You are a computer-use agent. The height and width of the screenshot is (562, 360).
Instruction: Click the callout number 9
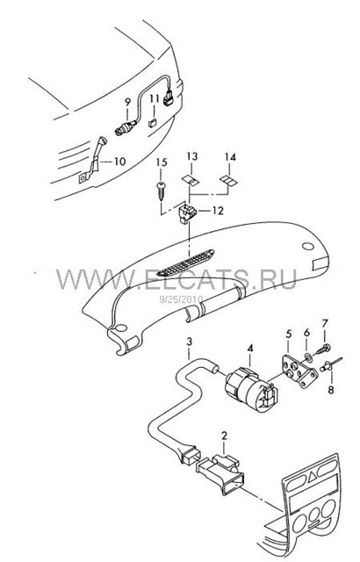127,102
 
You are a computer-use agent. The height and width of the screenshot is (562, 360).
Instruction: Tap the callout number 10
119,162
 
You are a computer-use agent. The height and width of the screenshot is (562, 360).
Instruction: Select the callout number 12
218,211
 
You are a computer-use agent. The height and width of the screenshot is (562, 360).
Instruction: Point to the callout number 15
162,162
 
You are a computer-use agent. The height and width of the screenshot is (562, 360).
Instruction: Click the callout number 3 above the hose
190,341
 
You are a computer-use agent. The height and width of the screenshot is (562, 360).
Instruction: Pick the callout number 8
331,389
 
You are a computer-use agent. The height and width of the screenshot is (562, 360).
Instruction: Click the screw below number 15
162,191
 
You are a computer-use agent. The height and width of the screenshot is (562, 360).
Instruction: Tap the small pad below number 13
191,180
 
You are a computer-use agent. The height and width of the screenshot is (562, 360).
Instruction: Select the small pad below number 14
228,180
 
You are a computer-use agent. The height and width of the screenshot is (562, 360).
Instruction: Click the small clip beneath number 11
152,123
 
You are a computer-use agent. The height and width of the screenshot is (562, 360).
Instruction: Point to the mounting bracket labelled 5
299,372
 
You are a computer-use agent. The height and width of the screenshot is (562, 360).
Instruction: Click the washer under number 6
308,357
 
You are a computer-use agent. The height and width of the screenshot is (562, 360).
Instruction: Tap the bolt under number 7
323,349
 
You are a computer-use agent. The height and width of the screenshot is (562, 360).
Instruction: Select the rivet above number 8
332,364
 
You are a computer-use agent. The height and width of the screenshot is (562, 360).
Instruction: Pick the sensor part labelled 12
187,213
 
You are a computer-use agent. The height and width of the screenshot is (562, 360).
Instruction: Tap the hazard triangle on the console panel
312,476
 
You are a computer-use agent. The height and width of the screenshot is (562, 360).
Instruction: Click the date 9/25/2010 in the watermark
181,299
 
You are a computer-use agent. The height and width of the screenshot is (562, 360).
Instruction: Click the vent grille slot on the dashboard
185,263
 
